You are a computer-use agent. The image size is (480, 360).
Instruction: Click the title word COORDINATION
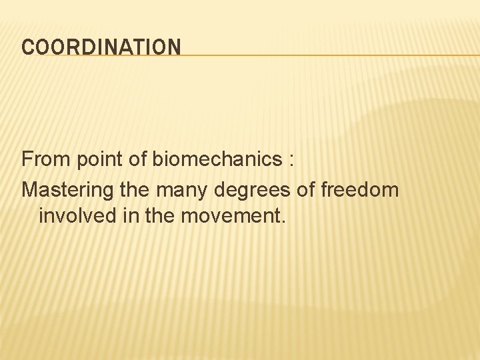[x=101, y=47]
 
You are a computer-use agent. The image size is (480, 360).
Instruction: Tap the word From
[x=45, y=159]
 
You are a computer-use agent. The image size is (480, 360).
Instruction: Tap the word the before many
[x=135, y=190]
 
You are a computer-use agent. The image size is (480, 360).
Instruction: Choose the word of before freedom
[x=305, y=190]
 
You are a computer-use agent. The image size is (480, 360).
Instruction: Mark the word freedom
[x=360, y=190]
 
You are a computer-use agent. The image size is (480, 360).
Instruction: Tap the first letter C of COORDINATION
[x=27, y=47]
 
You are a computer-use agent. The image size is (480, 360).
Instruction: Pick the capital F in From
[x=27, y=159]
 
